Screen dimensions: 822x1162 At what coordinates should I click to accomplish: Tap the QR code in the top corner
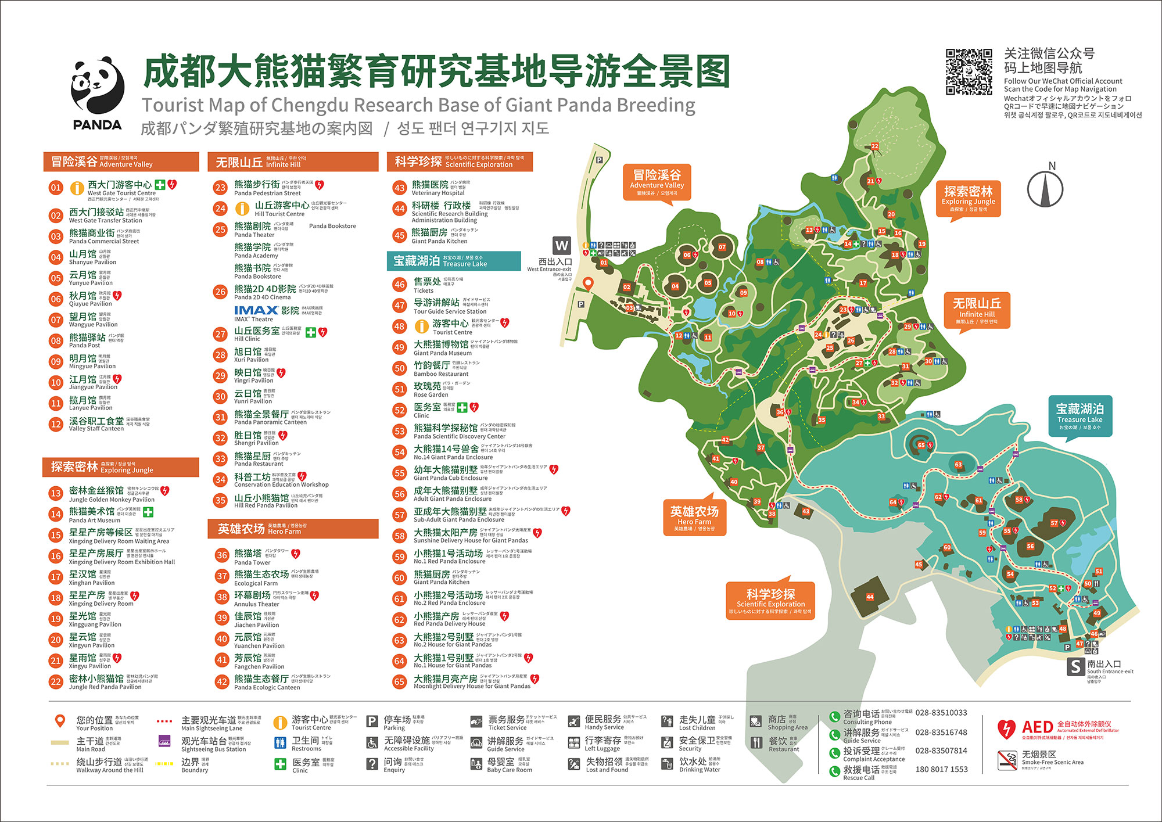969,72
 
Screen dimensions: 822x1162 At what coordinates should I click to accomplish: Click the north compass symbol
1045,188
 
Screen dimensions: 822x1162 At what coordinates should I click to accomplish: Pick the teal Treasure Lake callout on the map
1079,416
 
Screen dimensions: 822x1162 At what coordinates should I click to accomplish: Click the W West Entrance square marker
561,245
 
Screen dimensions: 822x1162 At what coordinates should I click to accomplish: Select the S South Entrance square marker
1075,666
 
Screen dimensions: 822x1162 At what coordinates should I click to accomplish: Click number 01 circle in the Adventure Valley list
56,188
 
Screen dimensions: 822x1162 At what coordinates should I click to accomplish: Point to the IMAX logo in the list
256,311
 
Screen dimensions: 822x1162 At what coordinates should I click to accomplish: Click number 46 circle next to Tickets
399,285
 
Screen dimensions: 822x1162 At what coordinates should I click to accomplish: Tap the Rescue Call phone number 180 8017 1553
941,769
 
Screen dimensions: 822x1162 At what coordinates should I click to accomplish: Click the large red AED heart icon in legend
1006,728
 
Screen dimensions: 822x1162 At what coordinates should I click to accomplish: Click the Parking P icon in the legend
372,722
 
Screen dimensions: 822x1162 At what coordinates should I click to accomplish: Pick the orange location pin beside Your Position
60,721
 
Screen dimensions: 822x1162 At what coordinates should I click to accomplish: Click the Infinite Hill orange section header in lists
293,162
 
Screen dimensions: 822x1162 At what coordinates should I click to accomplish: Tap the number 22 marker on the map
874,146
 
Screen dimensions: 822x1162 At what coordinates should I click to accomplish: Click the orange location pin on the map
588,283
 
